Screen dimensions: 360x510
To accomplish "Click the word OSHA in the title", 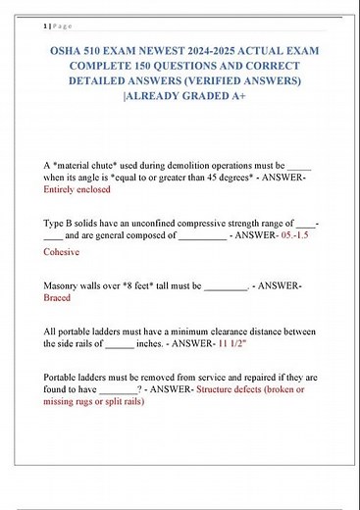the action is (x=67, y=50).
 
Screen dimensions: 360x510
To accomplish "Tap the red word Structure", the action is (x=225, y=389).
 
